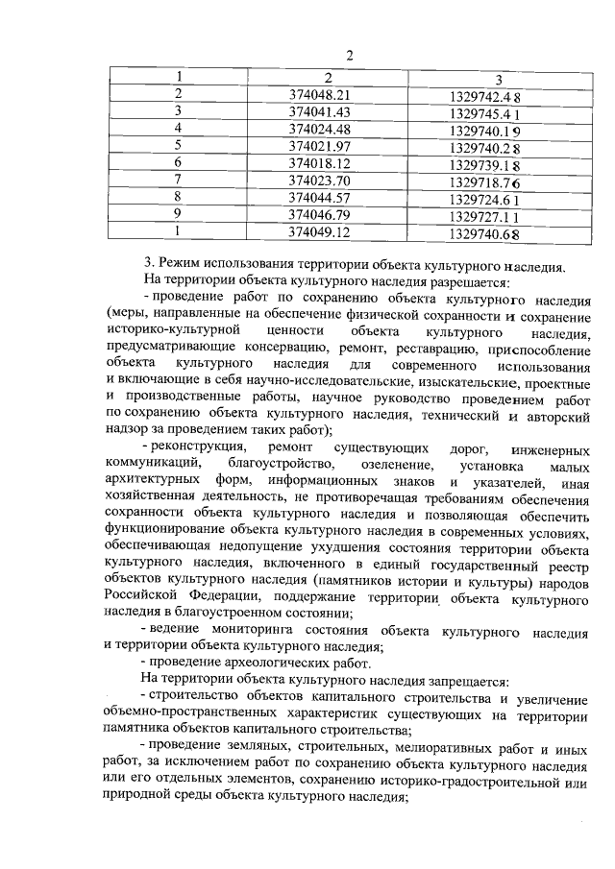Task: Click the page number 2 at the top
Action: click(351, 55)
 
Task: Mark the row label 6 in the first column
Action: click(178, 163)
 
